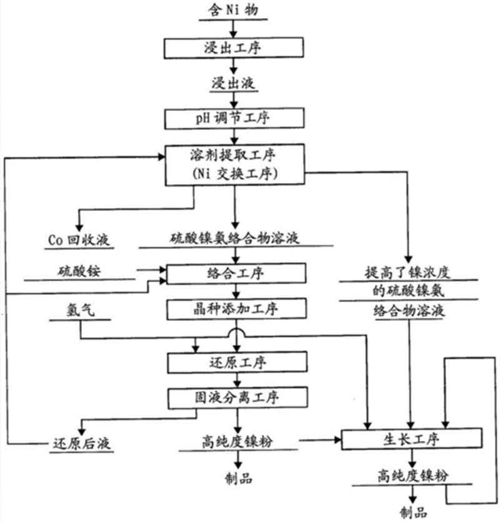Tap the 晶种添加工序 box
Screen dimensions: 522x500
236,308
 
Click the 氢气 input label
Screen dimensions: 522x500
79,310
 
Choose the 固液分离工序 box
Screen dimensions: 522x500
236,396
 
